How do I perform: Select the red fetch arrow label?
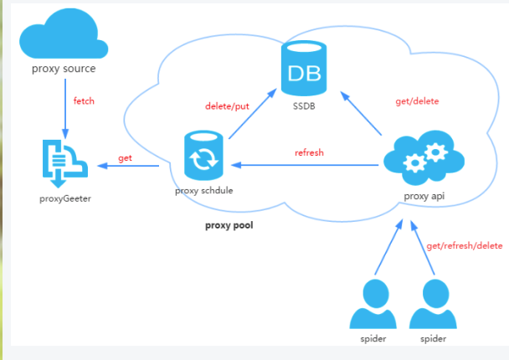[x=84, y=101]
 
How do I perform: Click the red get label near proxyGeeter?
[x=125, y=157]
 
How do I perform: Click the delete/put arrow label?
[x=227, y=106]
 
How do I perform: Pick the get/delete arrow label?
[x=417, y=101]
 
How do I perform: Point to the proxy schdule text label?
[x=203, y=191]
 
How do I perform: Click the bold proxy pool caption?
[x=229, y=225]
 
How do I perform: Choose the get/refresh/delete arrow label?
[x=464, y=246]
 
